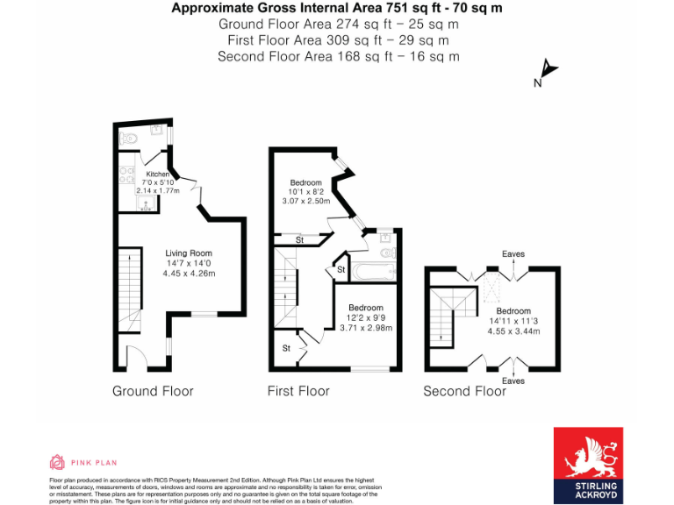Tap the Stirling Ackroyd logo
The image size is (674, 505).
588,466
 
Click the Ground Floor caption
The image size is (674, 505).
153,391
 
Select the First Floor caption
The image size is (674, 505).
298,391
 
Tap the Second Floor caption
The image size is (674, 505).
464,391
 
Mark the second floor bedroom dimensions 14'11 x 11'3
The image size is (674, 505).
513,322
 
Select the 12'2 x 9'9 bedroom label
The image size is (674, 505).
365,317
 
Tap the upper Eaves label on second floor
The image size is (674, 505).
513,254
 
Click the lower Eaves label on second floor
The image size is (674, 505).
513,381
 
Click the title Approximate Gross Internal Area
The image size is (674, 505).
337,9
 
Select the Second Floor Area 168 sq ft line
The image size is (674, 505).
337,56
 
